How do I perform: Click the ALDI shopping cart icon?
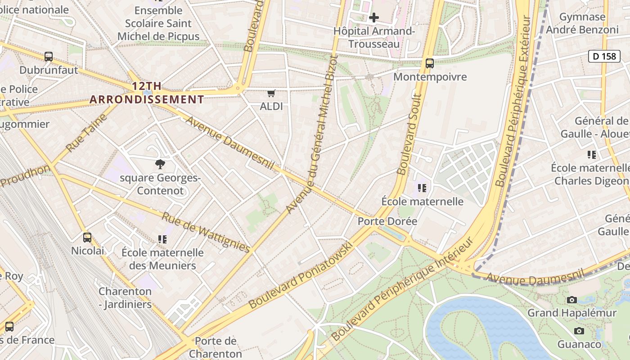(271, 94)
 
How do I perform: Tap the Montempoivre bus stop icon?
(430, 63)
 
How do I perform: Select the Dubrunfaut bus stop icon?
(49, 57)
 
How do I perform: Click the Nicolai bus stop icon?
(87, 237)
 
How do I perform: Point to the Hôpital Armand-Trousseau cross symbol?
(373, 18)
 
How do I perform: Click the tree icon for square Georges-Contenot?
(160, 164)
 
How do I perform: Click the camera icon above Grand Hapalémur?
(572, 300)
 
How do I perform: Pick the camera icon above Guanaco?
(579, 331)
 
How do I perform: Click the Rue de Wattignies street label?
(206, 232)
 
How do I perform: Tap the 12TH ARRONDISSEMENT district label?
(147, 93)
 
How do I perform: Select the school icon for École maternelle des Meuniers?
(162, 239)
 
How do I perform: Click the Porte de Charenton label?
(216, 347)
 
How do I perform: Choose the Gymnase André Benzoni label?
(582, 23)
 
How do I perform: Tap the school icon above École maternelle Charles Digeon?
(592, 155)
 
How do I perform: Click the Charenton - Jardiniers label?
(125, 297)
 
